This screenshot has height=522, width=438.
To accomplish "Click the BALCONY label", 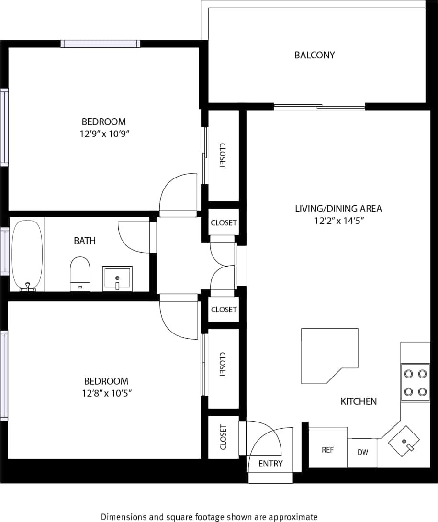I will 314,55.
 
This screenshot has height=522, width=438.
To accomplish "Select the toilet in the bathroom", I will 80,273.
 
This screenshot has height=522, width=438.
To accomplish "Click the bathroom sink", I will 117,278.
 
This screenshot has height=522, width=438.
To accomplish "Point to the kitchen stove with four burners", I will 415,382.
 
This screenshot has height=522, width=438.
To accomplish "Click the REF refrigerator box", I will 327,450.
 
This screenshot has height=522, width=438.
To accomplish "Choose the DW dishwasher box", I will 362,452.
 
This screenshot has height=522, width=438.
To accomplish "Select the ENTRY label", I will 270,463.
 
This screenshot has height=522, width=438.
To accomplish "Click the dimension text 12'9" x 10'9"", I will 105,134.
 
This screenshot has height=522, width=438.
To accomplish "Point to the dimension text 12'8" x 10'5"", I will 106,393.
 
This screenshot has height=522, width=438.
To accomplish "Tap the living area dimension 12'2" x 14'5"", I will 338,221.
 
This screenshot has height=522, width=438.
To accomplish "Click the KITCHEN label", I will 359,401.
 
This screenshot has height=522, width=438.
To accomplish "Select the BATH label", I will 85,241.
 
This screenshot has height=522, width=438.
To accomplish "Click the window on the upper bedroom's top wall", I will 101,44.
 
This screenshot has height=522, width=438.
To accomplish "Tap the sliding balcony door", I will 319,107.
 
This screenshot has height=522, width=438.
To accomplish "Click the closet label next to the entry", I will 223,437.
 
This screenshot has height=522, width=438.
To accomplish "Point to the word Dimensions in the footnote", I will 123,517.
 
